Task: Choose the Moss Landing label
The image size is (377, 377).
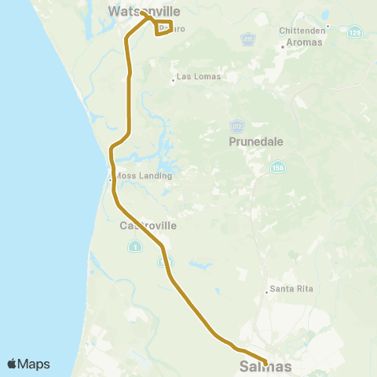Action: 143,176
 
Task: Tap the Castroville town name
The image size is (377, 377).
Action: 148,225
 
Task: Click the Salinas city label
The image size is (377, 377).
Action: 265,367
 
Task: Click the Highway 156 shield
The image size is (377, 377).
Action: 279,168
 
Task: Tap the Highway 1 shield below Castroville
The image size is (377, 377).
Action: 134,247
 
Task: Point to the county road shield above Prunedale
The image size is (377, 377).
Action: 238,126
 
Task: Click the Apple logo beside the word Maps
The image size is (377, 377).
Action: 13,364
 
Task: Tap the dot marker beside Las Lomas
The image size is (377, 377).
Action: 173,78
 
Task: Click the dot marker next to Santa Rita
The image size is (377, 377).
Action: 266,290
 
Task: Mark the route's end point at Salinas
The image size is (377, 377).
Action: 265,363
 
